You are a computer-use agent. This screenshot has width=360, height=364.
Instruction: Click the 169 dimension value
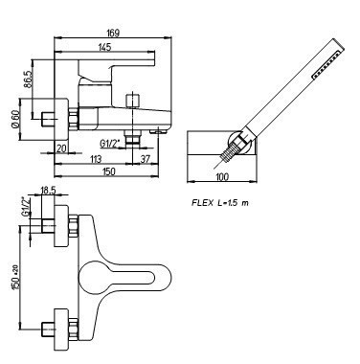[113, 33]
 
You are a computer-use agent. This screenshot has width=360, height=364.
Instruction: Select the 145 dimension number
[104, 47]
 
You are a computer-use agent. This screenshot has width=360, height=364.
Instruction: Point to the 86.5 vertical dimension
[28, 80]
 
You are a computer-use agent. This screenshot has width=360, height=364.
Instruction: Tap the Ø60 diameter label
[14, 120]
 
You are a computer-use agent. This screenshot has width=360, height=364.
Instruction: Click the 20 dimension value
[61, 148]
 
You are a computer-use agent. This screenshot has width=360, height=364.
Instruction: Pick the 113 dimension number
[96, 159]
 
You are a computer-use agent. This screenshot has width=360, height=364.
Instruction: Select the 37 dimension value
[146, 159]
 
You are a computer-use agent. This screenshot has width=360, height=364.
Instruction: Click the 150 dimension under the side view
[109, 171]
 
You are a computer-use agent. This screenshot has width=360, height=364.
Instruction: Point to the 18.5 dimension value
[48, 191]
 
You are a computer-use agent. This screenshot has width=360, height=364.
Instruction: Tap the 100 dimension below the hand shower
[222, 176]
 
